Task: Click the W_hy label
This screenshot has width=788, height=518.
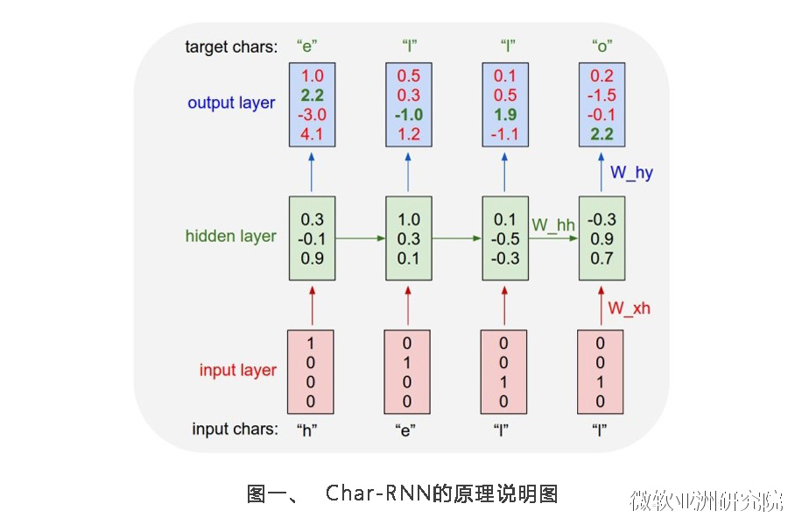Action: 631,173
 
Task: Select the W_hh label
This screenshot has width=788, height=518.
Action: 553,225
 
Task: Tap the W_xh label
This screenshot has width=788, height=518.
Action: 630,308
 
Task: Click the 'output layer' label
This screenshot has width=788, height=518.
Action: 231,103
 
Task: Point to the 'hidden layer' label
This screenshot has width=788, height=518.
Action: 230,236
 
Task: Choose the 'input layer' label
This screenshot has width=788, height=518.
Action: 237,370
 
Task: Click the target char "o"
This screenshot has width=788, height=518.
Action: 601,46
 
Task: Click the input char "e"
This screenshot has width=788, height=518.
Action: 407,429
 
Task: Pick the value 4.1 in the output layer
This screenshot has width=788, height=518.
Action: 312,134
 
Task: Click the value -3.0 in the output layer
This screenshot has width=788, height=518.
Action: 311,115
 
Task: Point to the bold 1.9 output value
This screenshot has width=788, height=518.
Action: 504,115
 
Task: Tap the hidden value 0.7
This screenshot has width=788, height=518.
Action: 602,258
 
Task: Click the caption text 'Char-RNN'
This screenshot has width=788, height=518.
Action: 377,493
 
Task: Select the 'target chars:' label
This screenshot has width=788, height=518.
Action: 231,46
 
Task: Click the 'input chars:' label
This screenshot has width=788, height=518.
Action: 236,429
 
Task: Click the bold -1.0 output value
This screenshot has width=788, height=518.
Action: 408,115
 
